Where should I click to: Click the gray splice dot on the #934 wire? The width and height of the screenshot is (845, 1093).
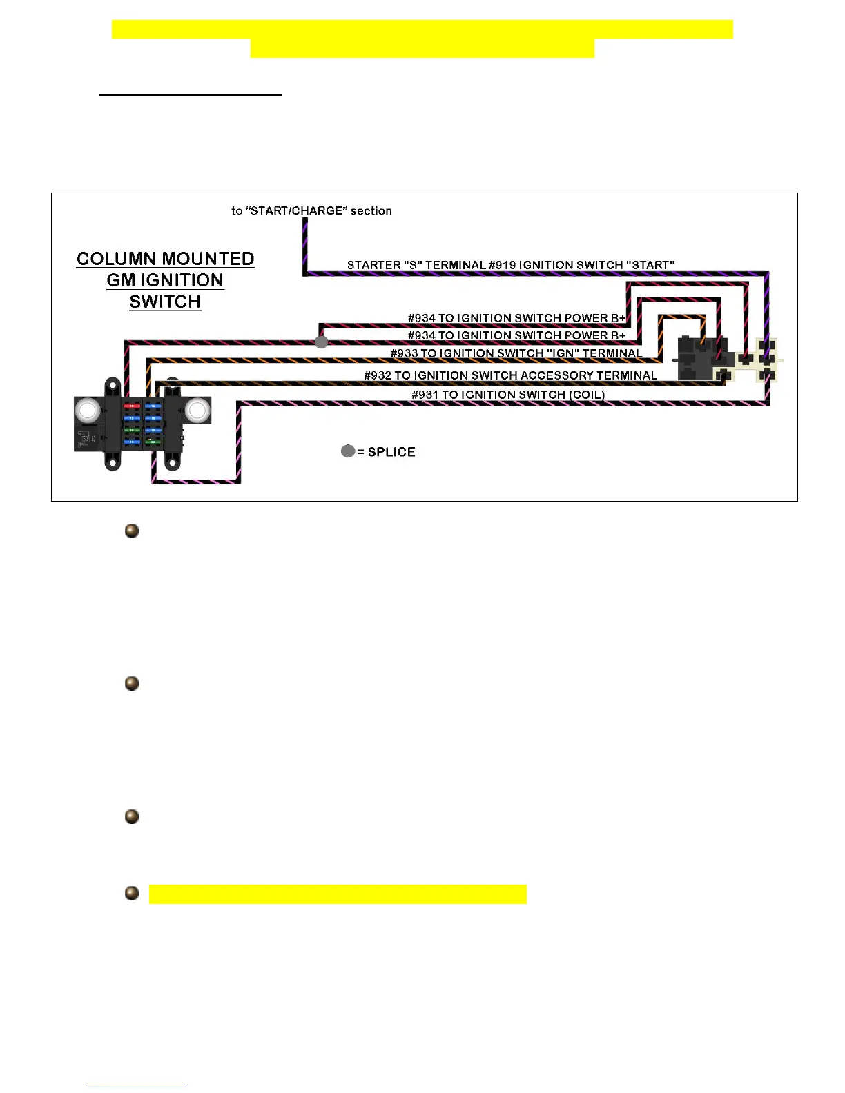pyautogui.click(x=321, y=342)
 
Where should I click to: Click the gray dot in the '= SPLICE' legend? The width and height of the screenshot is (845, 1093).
pyautogui.click(x=348, y=451)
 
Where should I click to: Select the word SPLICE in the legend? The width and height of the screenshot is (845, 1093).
pyautogui.click(x=391, y=452)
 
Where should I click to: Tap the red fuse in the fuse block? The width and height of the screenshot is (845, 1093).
pyautogui.click(x=131, y=407)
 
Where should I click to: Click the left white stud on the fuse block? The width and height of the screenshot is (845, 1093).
pyautogui.click(x=88, y=411)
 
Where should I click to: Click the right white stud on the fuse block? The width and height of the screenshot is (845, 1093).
pyautogui.click(x=196, y=411)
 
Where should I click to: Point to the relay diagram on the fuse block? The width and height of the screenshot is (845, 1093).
pyautogui.click(x=84, y=439)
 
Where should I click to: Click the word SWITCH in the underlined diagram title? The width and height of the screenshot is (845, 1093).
pyautogui.click(x=165, y=302)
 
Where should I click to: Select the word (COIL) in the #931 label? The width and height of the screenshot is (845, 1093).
pyautogui.click(x=587, y=395)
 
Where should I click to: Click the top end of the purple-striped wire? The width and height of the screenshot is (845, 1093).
pyautogui.click(x=305, y=221)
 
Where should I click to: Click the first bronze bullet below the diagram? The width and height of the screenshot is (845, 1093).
pyautogui.click(x=132, y=531)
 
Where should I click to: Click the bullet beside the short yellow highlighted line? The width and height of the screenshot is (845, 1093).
pyautogui.click(x=132, y=894)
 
